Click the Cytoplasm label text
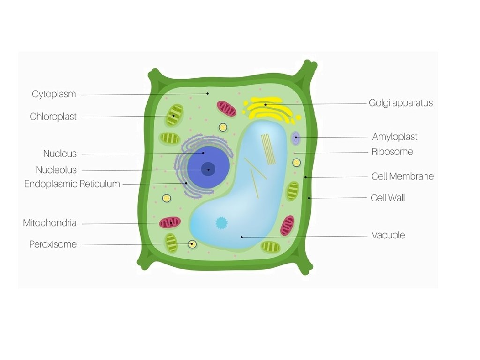54,94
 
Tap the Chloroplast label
53,117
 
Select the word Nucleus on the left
60,154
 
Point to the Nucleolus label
56,170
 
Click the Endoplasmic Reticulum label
72,184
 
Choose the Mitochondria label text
50,223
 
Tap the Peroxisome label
53,244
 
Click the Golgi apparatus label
400,103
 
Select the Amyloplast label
394,137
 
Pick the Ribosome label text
392,152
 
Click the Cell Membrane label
402,177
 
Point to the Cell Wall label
388,198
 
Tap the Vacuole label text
388,235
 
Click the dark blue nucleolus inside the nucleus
208,169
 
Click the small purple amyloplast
295,138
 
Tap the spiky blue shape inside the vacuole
221,223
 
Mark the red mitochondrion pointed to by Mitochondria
170,222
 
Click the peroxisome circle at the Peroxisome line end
192,244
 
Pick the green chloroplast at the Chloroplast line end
173,115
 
